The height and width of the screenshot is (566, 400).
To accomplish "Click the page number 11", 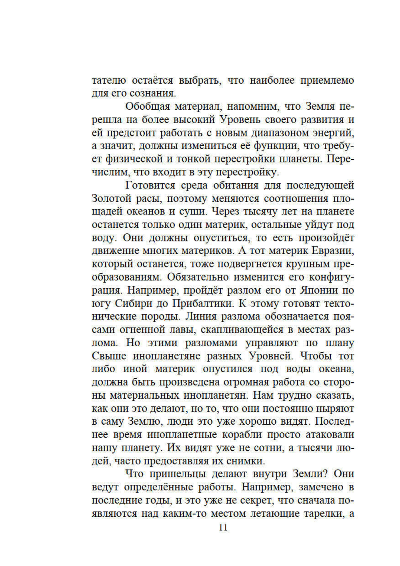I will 223,527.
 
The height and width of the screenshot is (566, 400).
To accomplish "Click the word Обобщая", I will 148,106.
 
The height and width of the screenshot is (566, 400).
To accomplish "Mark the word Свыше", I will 109,356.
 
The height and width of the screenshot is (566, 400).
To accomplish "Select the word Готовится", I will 150,185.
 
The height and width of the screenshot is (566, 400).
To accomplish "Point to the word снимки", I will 246,461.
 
